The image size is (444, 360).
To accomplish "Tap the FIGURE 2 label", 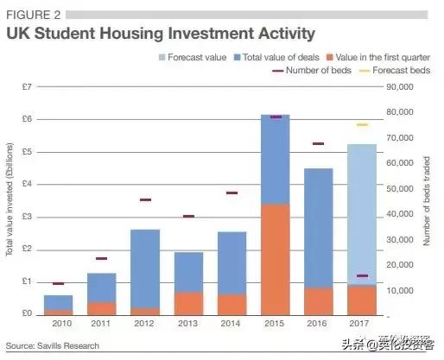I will (33, 14).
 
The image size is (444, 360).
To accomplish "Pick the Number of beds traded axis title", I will (427, 199).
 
